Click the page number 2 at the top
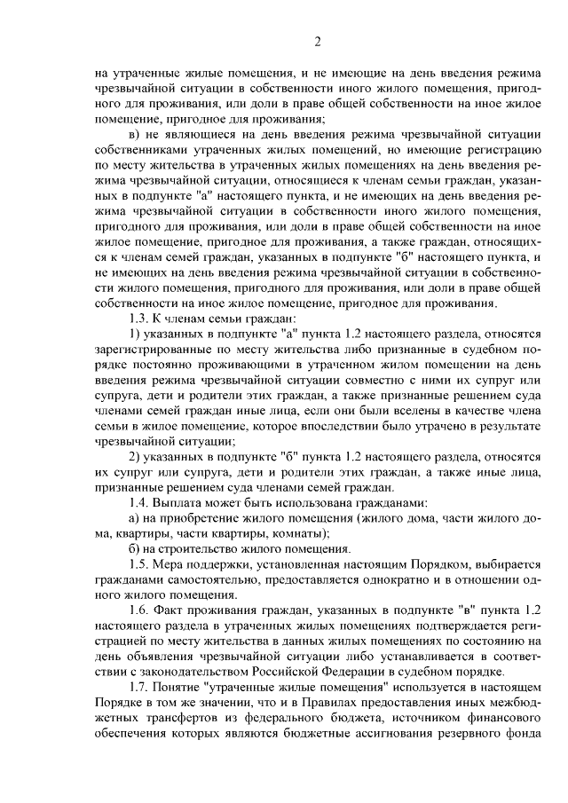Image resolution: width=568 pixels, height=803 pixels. (317, 40)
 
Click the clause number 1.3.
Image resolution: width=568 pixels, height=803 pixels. (138, 319)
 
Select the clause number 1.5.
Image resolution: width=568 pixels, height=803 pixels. (138, 564)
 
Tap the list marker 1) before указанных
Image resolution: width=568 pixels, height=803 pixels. (134, 335)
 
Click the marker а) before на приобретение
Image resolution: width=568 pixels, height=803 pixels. (134, 518)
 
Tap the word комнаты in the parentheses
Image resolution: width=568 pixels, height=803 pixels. (301, 533)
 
